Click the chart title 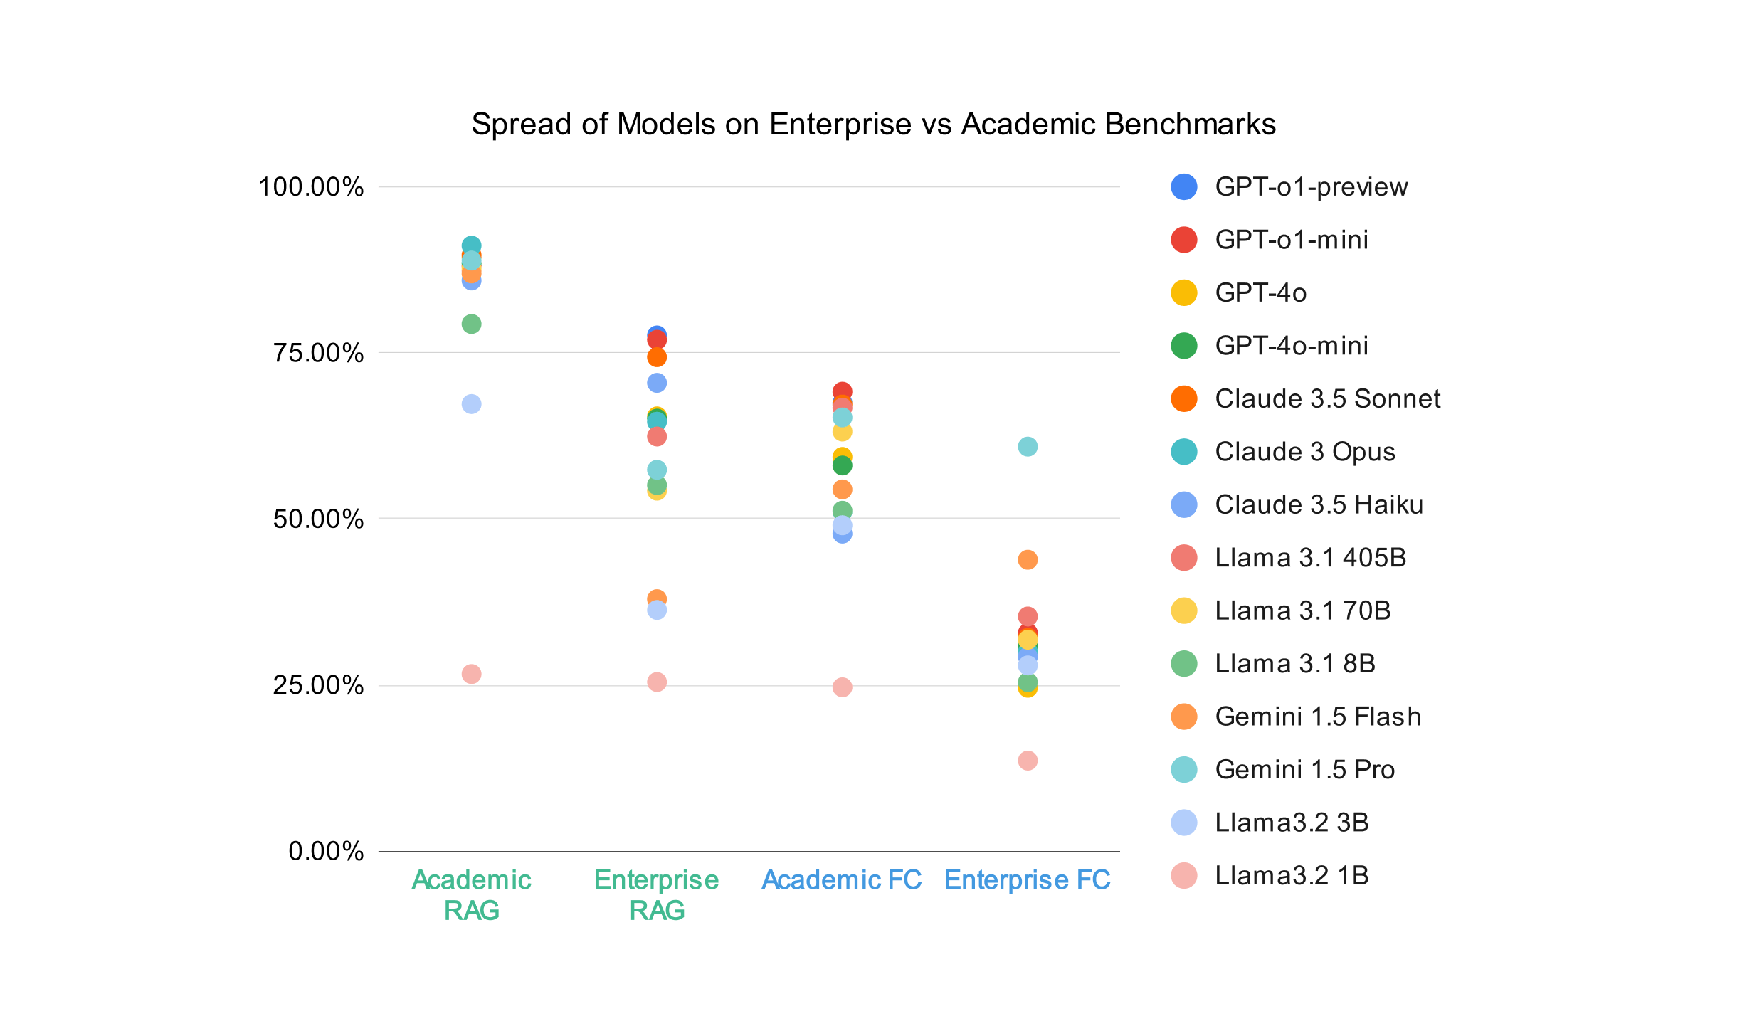coord(873,125)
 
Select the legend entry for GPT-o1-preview coord(1311,187)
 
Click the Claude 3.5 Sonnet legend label coord(1327,399)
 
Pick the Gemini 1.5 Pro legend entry coord(1304,770)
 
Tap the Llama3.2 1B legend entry coord(1292,876)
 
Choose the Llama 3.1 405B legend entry coord(1310,558)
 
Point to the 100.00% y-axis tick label coord(311,187)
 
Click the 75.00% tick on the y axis coord(318,353)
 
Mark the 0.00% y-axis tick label coord(326,851)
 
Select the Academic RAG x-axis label coord(471,895)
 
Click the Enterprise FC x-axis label coord(1027,881)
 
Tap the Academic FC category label coord(841,881)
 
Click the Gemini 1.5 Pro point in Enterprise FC coord(1028,447)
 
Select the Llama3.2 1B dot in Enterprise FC coord(1028,761)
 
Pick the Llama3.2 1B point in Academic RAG coord(471,674)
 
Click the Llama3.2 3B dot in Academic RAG coord(471,404)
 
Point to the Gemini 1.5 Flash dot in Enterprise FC coord(1028,560)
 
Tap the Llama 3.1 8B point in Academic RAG coord(471,324)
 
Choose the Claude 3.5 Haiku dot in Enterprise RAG coord(657,383)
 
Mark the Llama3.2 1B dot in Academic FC coord(842,687)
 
